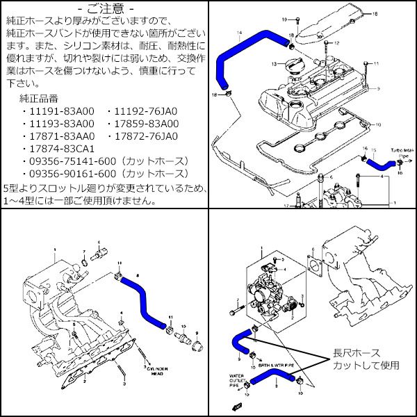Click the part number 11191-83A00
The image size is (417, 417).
60,111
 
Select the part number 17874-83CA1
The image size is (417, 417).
60,149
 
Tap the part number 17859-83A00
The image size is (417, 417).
146,124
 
